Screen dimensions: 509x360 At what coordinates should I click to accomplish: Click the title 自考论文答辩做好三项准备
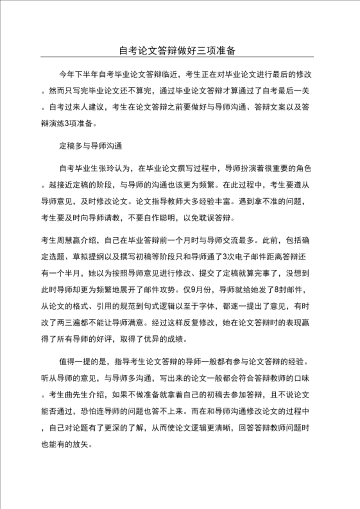[x=180, y=50]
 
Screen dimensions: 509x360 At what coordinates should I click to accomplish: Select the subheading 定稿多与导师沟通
[x=90, y=146]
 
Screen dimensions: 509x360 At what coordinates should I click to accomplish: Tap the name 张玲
[x=108, y=167]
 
